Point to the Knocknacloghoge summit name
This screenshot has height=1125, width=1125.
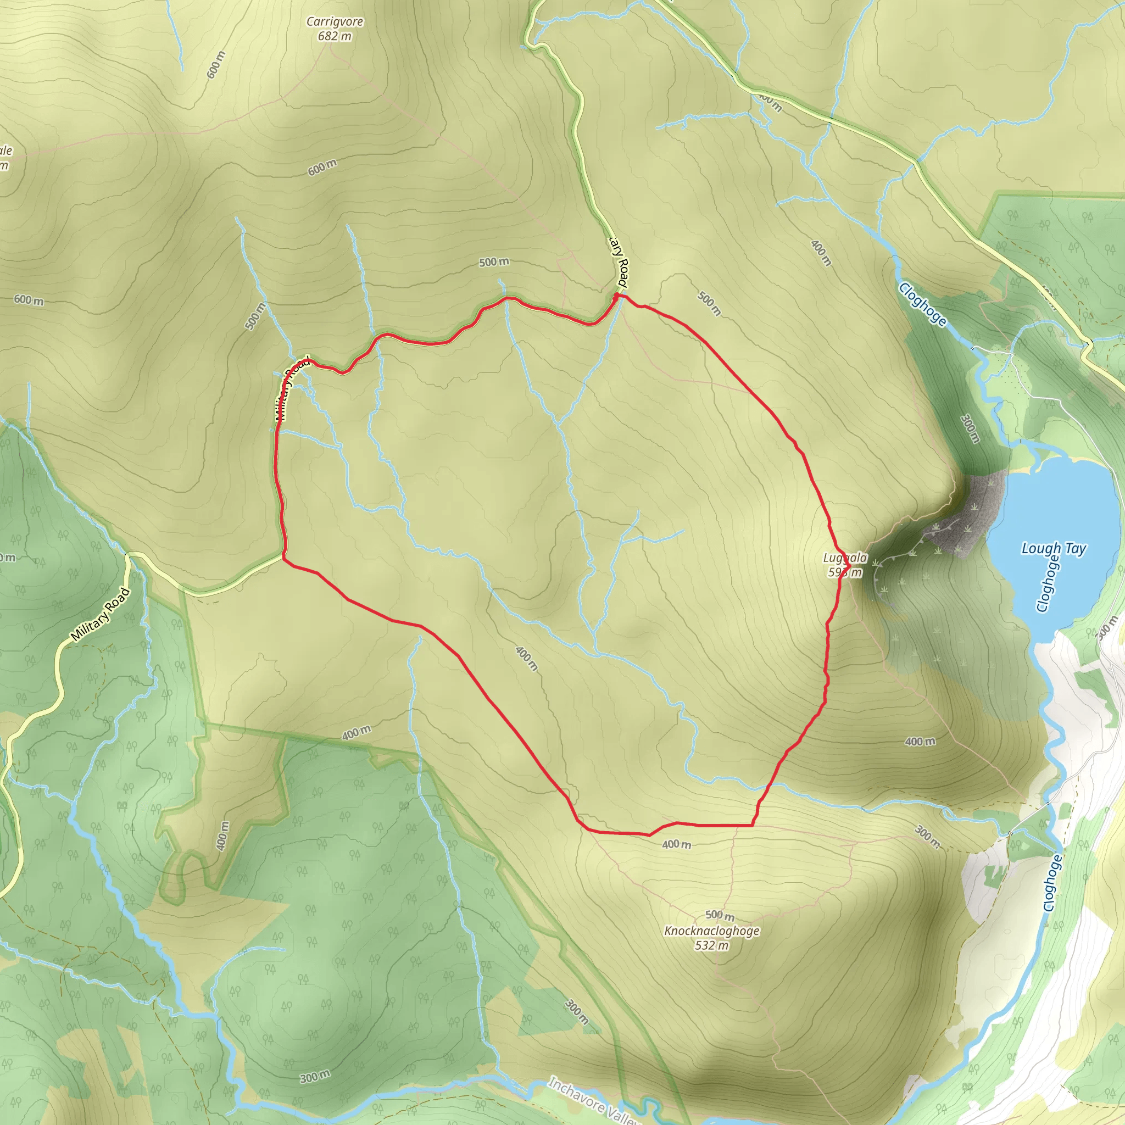711,931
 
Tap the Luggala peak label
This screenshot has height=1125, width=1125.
844,558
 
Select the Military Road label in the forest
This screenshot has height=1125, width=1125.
100,615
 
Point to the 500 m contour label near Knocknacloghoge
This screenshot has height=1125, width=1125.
719,915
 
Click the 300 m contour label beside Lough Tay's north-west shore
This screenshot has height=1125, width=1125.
969,428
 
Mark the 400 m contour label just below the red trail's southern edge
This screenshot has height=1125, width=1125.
676,844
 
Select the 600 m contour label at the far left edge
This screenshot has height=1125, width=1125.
29,300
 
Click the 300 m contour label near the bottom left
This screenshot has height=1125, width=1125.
315,1077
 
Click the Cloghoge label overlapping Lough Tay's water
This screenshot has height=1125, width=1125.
1048,584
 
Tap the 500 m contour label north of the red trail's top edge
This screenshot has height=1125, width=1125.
494,263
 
